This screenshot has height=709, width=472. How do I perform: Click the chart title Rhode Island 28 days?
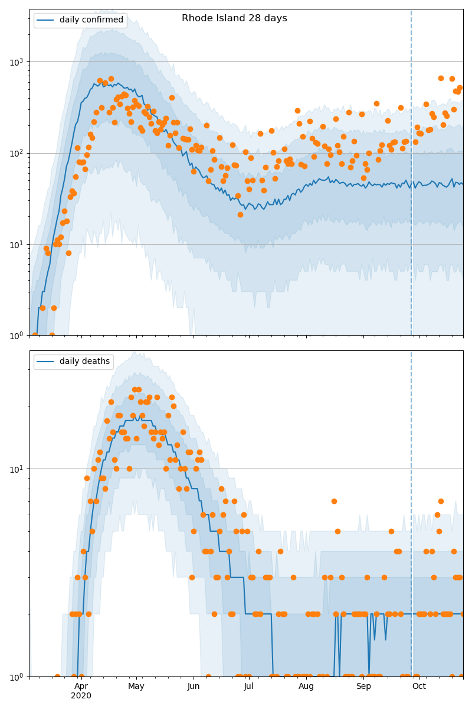point(234,18)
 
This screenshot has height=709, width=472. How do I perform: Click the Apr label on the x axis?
point(81,686)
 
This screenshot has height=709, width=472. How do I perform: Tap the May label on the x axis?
point(136,686)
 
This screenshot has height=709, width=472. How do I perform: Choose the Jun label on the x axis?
point(194,686)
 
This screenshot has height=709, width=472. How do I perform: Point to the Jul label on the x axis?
point(248,686)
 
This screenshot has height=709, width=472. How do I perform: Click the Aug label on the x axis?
point(306,686)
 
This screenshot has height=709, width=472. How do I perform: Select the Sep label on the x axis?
point(363,686)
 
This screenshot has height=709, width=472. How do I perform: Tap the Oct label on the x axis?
point(419,686)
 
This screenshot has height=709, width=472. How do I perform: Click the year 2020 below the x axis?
point(81,696)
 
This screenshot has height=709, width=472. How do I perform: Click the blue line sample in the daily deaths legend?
point(46,362)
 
